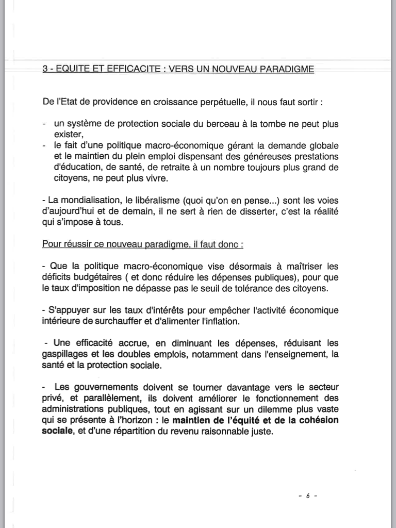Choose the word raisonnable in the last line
tap(220, 431)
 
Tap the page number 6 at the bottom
tap(307, 496)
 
